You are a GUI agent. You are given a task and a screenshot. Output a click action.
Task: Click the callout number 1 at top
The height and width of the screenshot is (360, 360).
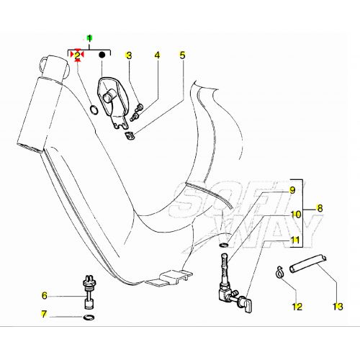click(x=89, y=38)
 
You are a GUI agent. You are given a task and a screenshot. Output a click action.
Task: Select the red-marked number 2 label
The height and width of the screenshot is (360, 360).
click(x=77, y=55)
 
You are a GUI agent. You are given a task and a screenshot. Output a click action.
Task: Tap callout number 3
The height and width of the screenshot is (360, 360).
click(x=129, y=55)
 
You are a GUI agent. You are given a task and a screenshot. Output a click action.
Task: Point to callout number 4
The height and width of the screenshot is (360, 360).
click(x=157, y=55)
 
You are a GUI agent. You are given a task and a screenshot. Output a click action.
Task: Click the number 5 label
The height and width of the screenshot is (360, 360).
click(x=183, y=55)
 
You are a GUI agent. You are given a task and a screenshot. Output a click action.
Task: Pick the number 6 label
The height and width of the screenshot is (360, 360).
click(x=45, y=295)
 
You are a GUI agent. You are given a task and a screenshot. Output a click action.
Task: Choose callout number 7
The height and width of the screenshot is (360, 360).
click(x=44, y=314)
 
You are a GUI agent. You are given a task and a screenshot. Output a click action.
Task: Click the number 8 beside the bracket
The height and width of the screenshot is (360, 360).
click(x=320, y=208)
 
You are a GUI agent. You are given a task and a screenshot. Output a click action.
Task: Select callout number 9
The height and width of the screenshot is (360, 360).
click(x=292, y=190)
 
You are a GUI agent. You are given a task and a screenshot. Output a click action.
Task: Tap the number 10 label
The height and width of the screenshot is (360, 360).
click(x=296, y=215)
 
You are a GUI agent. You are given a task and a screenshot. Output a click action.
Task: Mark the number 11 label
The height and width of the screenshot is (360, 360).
click(x=295, y=240)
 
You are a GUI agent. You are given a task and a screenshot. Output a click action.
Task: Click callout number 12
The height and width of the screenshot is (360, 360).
click(x=297, y=307)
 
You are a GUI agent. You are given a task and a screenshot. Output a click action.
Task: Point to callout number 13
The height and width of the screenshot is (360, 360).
click(x=338, y=307)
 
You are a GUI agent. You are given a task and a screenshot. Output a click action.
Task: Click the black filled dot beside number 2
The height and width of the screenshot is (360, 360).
click(x=102, y=55)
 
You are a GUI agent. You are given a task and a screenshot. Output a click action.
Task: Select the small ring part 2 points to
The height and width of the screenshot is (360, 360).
click(x=94, y=109)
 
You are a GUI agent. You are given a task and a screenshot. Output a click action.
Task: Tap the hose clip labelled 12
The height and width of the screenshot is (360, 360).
click(x=279, y=272)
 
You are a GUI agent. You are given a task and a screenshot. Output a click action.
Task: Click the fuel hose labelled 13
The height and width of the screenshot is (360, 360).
click(x=308, y=264)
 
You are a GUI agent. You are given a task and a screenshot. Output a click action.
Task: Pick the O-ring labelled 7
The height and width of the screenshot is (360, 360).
click(x=89, y=318)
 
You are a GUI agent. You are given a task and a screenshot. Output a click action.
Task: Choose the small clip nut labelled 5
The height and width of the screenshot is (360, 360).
click(x=130, y=136)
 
